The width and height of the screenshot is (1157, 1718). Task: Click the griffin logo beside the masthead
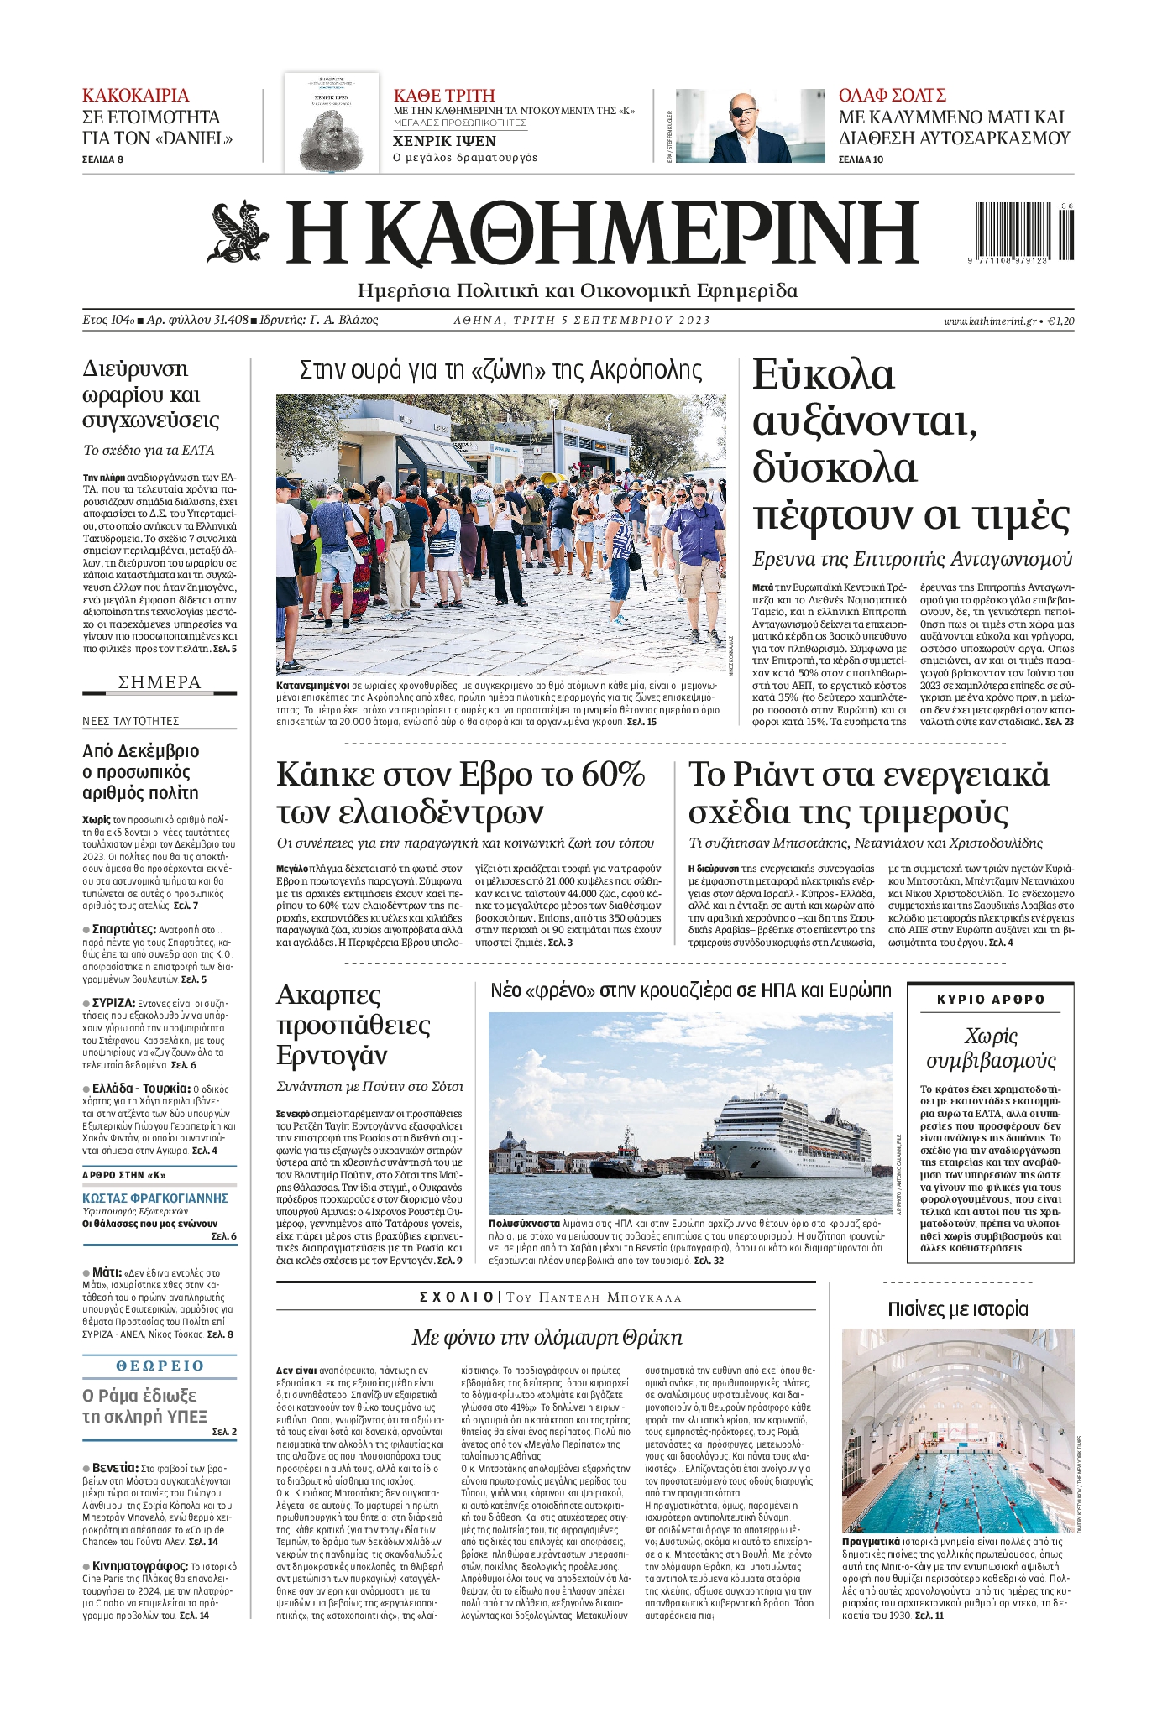[238, 232]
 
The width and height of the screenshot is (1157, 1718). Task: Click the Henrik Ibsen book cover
[332, 122]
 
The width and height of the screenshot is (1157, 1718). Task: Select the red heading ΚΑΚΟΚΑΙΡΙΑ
[135, 95]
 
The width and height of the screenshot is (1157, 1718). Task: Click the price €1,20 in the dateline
[1061, 321]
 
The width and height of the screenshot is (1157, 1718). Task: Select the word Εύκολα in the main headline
[823, 375]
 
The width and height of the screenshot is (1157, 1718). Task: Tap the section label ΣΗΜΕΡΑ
[160, 681]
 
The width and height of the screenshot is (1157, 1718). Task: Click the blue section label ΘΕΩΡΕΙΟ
[160, 1366]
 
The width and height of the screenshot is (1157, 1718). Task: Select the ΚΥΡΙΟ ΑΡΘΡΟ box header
[991, 999]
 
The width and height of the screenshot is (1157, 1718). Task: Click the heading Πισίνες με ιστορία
[957, 1308]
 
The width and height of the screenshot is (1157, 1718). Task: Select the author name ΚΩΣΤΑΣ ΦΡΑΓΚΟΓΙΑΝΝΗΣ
[155, 1198]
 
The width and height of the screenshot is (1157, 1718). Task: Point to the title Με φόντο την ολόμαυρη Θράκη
[547, 1337]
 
